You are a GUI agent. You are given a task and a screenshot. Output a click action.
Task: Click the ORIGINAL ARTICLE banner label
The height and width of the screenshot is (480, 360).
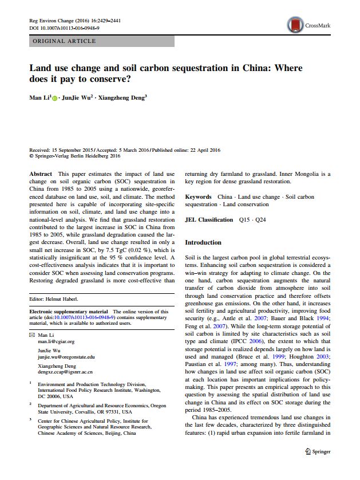tap(65, 41)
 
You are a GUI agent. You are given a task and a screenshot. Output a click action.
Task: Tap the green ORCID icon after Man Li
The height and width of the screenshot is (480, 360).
tap(56, 99)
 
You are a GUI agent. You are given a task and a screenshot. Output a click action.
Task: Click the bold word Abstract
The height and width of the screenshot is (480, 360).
tap(40, 174)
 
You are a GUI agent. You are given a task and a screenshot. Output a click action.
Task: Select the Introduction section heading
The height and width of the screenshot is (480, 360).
tap(203, 242)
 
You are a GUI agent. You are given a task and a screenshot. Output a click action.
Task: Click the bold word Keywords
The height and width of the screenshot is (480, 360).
tap(198, 197)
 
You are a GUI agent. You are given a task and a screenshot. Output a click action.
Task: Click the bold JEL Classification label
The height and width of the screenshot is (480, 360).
tap(209, 219)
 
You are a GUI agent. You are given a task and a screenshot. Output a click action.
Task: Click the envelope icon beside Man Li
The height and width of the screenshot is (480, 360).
tap(32, 335)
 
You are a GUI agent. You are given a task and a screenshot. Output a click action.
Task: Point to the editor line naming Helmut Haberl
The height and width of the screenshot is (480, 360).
tap(55, 300)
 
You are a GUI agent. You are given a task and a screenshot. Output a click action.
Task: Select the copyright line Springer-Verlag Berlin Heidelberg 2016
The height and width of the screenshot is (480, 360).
tap(75, 155)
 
